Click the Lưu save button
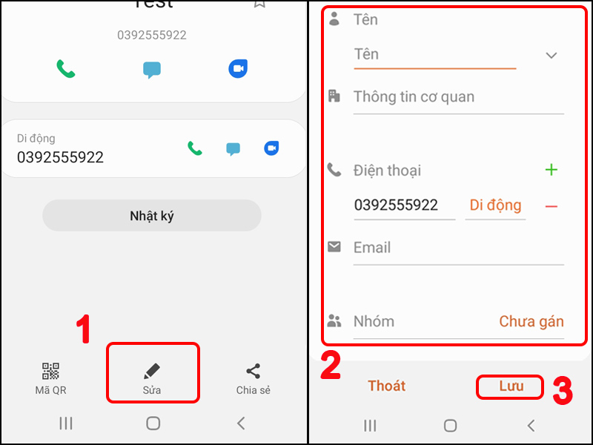(x=511, y=386)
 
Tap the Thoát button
(x=387, y=386)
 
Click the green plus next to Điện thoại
(x=551, y=170)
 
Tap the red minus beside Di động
(x=551, y=206)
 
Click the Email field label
(x=372, y=248)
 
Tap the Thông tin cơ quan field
(x=414, y=96)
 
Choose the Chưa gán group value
(x=531, y=321)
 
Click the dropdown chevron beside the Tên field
(x=551, y=55)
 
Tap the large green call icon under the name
(x=66, y=69)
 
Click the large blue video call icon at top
(x=237, y=69)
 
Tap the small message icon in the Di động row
(x=233, y=149)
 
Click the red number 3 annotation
(x=563, y=392)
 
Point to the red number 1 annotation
(x=85, y=330)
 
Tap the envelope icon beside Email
(x=334, y=246)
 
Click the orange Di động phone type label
(x=494, y=205)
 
